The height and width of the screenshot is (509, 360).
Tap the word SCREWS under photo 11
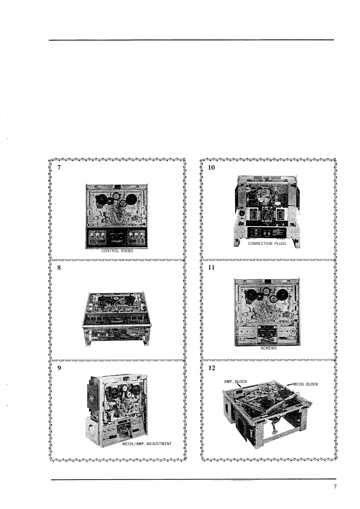tap(268, 348)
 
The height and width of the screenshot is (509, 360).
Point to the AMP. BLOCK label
tap(235, 382)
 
